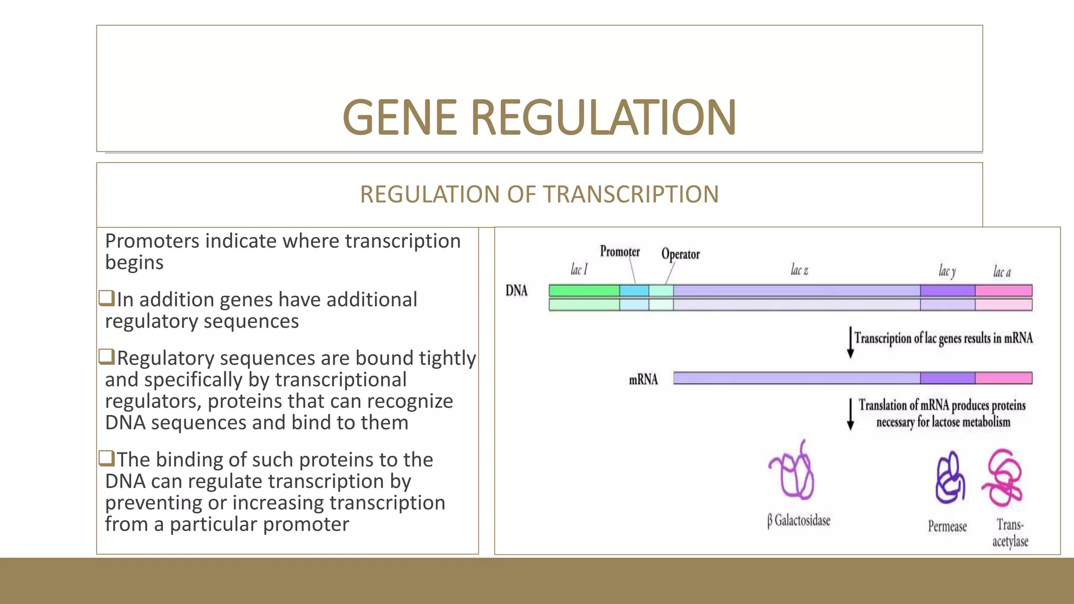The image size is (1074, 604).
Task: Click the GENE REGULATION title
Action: pyautogui.click(x=539, y=117)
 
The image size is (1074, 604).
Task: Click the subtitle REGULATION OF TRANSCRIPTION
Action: pyautogui.click(x=539, y=195)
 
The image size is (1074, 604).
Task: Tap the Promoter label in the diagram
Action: pyautogui.click(x=619, y=252)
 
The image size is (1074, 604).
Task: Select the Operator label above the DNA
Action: pyautogui.click(x=680, y=254)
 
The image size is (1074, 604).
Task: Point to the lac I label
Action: pyautogui.click(x=579, y=270)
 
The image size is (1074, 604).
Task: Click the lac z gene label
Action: pyautogui.click(x=799, y=271)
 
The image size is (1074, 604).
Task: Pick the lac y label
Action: pyautogui.click(x=947, y=271)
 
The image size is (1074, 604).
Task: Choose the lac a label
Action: pyautogui.click(x=1002, y=272)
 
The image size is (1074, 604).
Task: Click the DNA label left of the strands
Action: pyautogui.click(x=517, y=290)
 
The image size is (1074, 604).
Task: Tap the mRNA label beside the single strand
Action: pyautogui.click(x=643, y=380)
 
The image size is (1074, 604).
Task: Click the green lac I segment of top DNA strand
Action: pyautogui.click(x=584, y=290)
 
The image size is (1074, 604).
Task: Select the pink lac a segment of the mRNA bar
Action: pyautogui.click(x=1003, y=378)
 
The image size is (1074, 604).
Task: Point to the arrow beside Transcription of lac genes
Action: pyautogui.click(x=850, y=342)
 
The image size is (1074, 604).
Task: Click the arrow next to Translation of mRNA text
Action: pyautogui.click(x=850, y=414)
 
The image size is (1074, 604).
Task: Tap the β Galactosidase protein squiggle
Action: pyautogui.click(x=792, y=472)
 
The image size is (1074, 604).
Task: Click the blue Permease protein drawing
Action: pyautogui.click(x=950, y=478)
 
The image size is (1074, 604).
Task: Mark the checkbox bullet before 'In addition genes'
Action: pyautogui.click(x=106, y=298)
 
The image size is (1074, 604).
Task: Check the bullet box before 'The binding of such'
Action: pyautogui.click(x=106, y=458)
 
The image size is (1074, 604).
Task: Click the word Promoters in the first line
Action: pyautogui.click(x=152, y=241)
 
